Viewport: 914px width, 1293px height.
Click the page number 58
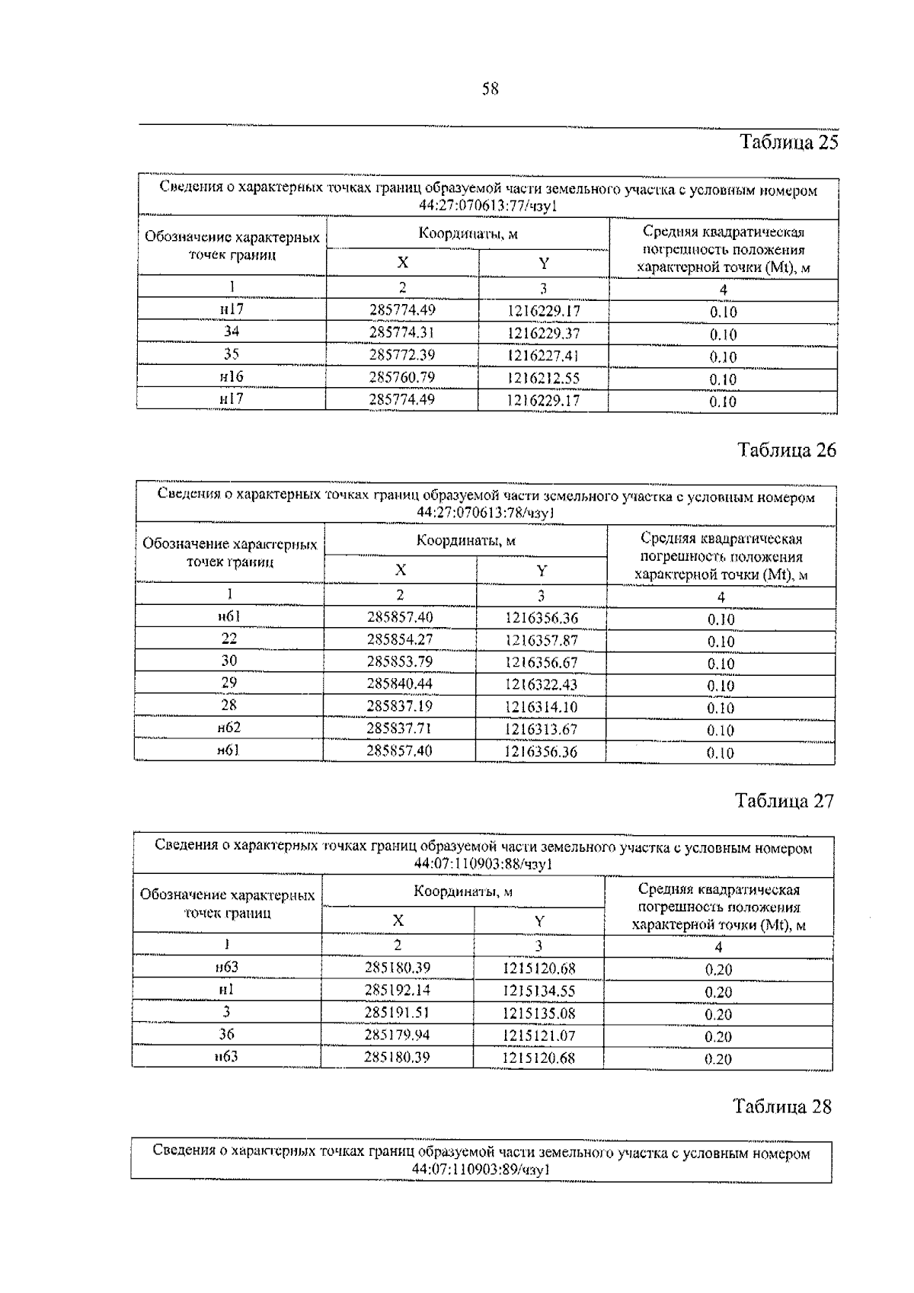pos(490,89)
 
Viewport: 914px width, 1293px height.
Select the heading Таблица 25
pos(788,142)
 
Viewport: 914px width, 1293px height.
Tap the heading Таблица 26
pos(787,450)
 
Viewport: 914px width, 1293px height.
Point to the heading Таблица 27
pos(784,801)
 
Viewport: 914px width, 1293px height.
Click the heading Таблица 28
pos(782,1106)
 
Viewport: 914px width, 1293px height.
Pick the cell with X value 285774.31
pos(401,332)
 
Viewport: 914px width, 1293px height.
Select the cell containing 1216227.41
pos(543,356)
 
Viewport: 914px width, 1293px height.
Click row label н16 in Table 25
pos(231,376)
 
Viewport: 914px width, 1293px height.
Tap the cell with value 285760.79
pos(401,377)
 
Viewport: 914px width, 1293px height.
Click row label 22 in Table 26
pos(229,638)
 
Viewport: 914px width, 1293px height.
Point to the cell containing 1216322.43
pos(541,684)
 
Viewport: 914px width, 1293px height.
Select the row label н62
pos(228,728)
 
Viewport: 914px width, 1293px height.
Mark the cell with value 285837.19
pos(399,706)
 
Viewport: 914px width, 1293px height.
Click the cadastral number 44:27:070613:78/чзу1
pos(485,513)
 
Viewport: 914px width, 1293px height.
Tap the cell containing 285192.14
pos(398,991)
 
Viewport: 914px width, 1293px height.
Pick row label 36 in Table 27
pos(227,1034)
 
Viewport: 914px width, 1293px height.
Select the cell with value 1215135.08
pos(538,1013)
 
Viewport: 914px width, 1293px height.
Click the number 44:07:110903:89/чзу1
pos(481,1170)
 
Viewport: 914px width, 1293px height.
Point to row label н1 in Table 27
pos(227,990)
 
